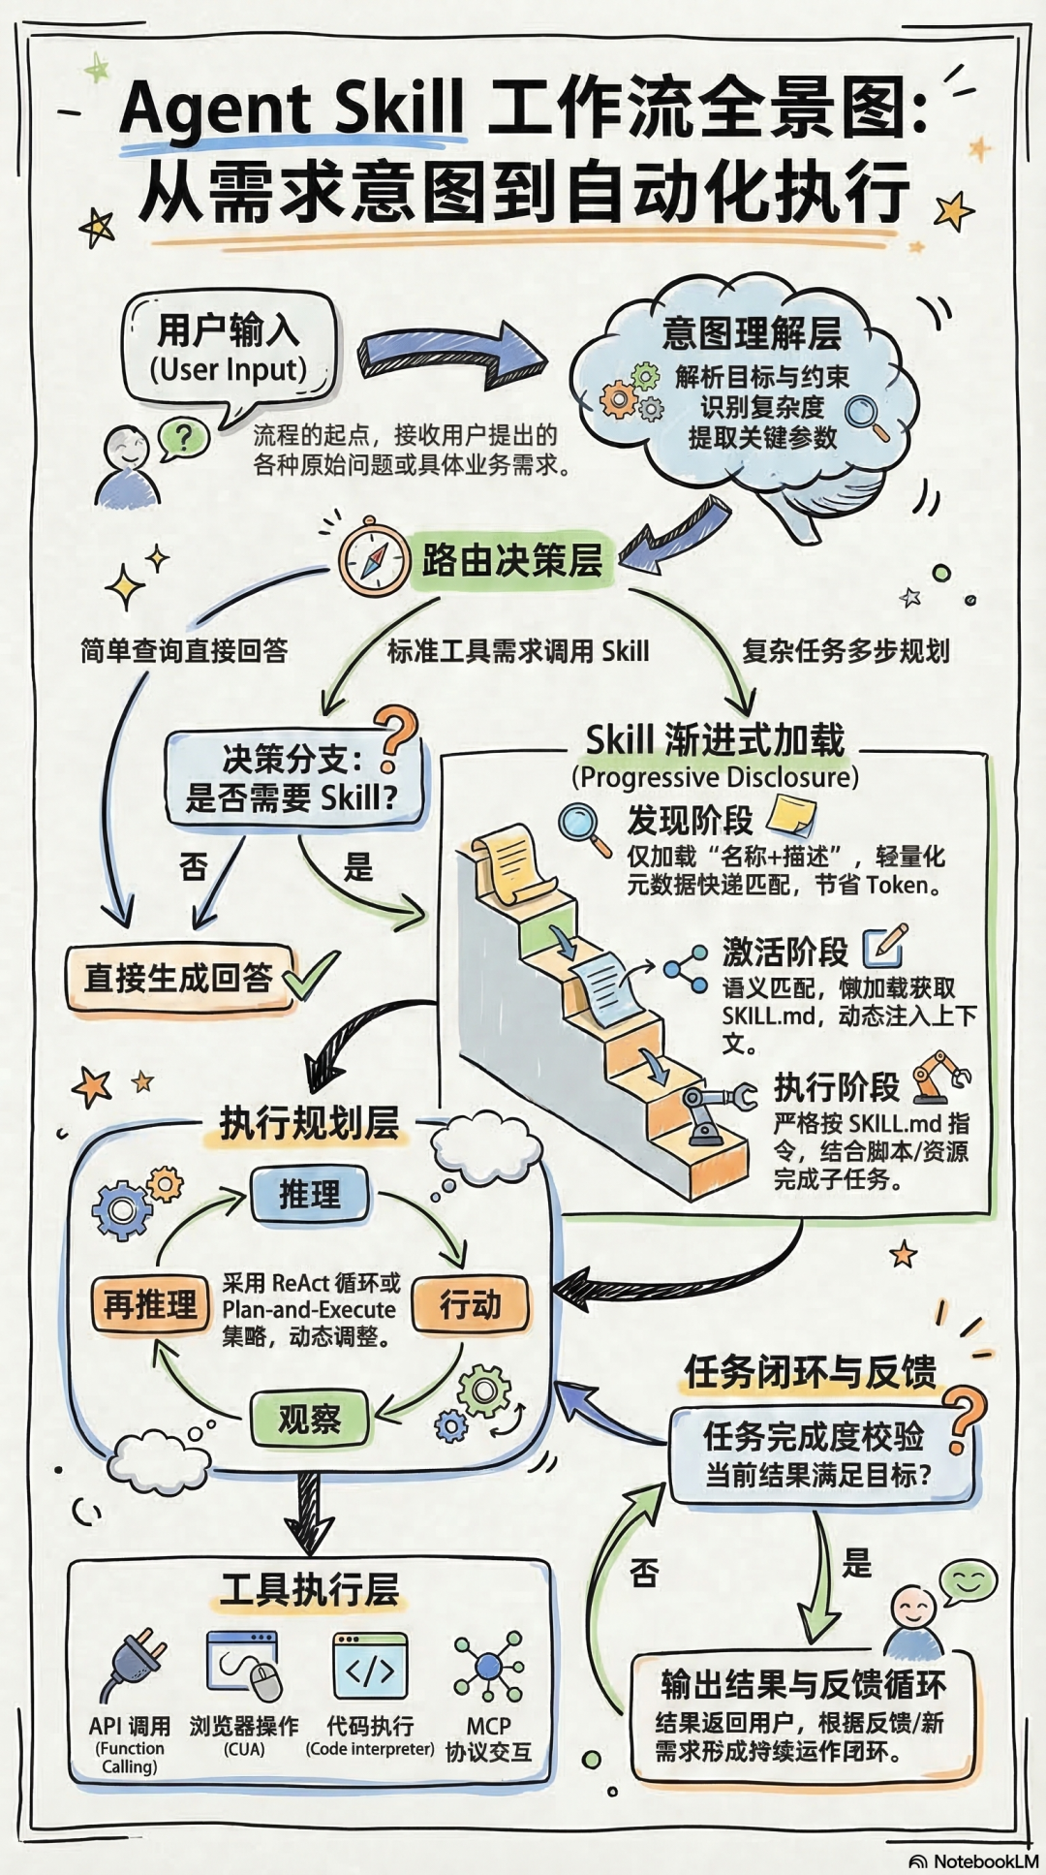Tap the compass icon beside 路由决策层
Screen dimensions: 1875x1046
tap(374, 559)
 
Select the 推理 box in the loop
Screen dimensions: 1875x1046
tap(309, 1194)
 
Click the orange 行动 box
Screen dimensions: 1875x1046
tap(471, 1304)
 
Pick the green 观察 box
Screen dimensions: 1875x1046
tap(309, 1419)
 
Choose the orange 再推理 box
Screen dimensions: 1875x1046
tap(150, 1304)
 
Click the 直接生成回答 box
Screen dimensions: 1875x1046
tap(179, 977)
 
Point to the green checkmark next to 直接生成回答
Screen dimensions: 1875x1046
tap(312, 975)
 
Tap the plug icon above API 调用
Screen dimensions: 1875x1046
tap(136, 1667)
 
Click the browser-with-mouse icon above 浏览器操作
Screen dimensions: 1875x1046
tap(245, 1665)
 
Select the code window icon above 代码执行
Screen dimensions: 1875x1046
tap(370, 1665)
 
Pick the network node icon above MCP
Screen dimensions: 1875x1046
tap(488, 1667)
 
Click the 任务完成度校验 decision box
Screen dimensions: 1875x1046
tap(814, 1453)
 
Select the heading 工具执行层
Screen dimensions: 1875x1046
tap(309, 1590)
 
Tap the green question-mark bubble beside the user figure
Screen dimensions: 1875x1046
tap(183, 439)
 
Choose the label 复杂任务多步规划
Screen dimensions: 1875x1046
tap(846, 650)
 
